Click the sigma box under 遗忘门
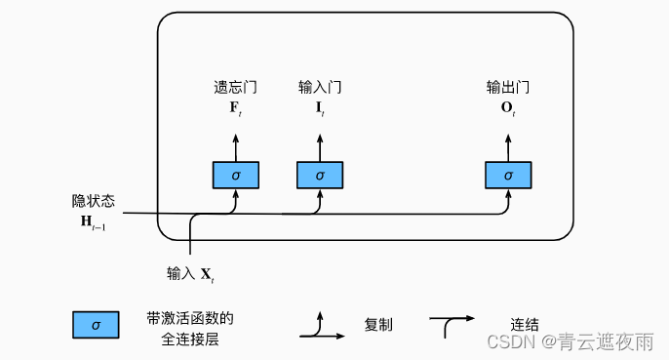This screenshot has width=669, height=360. [236, 175]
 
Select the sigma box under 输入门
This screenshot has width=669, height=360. [320, 175]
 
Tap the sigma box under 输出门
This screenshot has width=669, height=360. [508, 175]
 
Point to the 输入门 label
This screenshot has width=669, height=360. [320, 88]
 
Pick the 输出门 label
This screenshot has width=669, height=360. [508, 88]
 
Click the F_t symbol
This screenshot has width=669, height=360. [236, 106]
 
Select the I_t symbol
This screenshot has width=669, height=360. [320, 106]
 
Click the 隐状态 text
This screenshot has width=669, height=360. [94, 202]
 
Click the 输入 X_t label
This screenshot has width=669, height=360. [191, 274]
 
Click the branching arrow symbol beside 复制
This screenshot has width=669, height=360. [321, 326]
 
